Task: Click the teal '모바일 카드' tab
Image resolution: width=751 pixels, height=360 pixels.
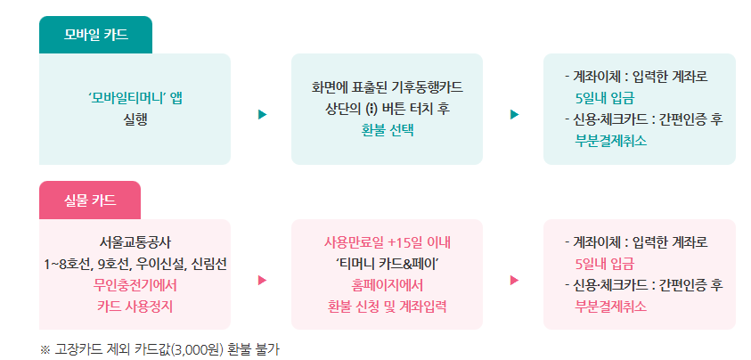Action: [95, 35]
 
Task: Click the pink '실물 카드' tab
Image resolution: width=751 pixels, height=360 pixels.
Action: [90, 200]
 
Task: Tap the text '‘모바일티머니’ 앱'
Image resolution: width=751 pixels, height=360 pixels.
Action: [135, 97]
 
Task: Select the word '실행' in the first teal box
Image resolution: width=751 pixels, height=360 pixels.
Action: [135, 118]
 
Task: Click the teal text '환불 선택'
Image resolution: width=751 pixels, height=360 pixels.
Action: [387, 128]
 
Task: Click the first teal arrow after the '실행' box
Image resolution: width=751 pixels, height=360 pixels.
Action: [262, 114]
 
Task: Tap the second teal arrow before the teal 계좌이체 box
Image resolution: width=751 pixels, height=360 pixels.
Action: [514, 114]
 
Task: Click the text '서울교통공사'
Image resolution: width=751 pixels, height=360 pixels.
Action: [135, 242]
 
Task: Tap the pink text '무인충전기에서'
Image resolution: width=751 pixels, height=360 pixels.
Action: [135, 285]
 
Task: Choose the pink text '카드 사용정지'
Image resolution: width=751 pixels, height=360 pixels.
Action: [135, 307]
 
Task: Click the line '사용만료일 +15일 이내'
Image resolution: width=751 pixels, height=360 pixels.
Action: [388, 242]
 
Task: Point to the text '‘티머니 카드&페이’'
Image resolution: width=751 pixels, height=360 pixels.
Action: [388, 264]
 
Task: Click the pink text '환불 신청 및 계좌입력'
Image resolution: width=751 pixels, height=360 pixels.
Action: [388, 307]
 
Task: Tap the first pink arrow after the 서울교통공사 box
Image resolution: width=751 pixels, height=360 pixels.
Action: [262, 280]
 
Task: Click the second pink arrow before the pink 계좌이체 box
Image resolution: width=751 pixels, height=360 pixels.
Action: [514, 280]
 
